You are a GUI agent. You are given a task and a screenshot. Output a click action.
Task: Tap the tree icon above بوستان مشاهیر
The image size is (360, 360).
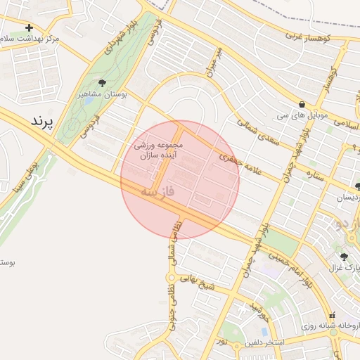point(103,83)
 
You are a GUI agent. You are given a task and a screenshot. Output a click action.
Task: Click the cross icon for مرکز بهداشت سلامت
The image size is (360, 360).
point(28,27)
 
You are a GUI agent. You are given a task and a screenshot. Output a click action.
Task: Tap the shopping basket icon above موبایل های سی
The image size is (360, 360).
point(302,103)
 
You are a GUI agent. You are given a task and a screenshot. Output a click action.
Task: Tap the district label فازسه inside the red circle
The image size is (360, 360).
point(157,191)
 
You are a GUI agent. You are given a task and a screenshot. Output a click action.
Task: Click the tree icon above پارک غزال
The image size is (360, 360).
point(344,257)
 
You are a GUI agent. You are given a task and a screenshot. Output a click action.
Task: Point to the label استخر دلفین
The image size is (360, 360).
point(264,342)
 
